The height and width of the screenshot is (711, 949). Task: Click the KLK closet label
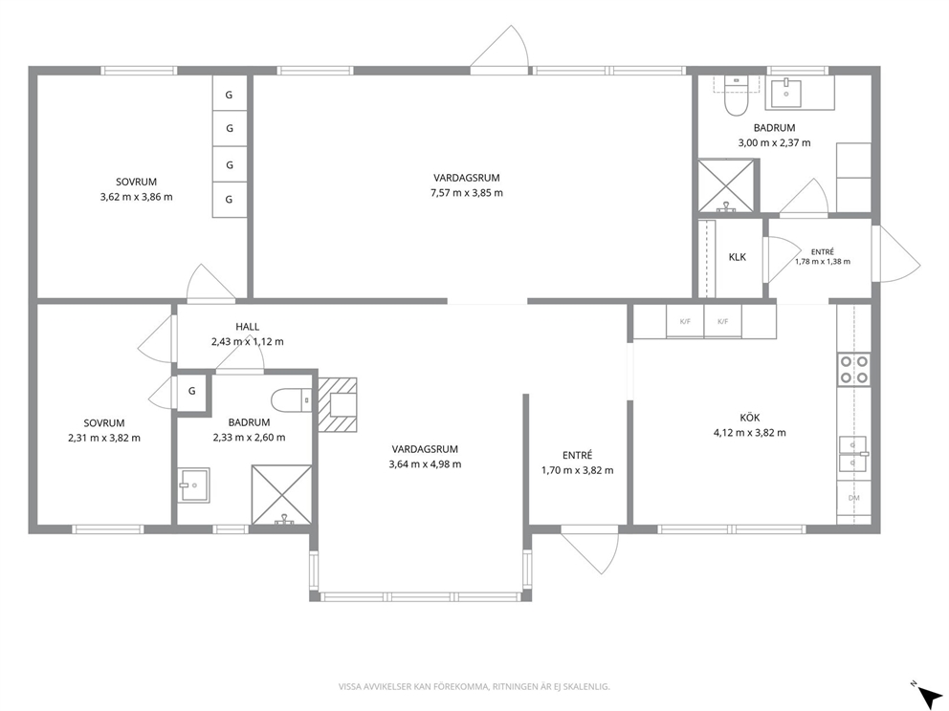tap(738, 257)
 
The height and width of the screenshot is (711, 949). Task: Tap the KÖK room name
tap(749, 418)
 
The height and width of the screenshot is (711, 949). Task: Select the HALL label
tap(247, 327)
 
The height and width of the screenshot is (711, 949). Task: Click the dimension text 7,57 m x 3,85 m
tap(466, 193)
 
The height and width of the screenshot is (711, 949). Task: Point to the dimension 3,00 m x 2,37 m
tap(774, 142)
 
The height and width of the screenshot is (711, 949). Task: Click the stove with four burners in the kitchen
tap(854, 370)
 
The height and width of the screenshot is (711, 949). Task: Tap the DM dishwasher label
tap(854, 498)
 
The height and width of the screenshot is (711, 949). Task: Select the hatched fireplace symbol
tap(337, 404)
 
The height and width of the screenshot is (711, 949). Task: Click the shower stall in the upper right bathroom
tap(726, 185)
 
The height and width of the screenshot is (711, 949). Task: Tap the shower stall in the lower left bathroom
tap(281, 494)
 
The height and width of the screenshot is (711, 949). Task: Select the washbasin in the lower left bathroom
tap(193, 485)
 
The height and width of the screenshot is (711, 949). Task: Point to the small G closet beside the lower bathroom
tap(192, 391)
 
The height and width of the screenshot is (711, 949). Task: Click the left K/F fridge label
tap(685, 322)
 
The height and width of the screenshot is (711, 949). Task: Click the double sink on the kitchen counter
tap(852, 453)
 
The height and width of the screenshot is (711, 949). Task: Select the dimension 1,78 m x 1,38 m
tap(823, 262)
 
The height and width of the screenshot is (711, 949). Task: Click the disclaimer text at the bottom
tap(474, 686)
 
